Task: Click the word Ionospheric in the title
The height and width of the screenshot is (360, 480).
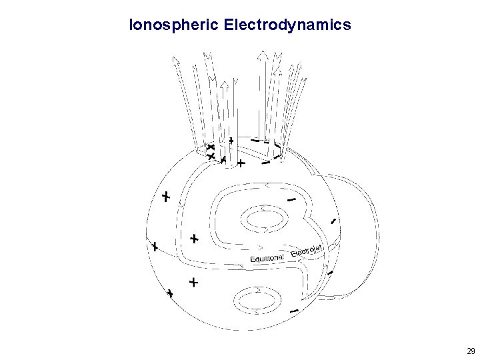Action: [x=174, y=26]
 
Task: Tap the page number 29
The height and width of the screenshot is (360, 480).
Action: [x=471, y=351]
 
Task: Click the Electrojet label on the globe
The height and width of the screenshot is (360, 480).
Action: [x=307, y=251]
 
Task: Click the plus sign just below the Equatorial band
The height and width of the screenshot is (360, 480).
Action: [x=193, y=283]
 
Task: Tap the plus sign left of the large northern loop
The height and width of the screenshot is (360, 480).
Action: [x=194, y=238]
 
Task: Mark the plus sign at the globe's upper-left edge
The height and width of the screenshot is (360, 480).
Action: [x=166, y=197]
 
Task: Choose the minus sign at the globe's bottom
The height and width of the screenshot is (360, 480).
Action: [x=294, y=311]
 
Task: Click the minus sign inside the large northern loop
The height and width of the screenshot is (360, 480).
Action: [x=291, y=199]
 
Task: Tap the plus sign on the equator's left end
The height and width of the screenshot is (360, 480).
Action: [x=155, y=247]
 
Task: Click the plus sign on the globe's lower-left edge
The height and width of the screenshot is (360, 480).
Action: [x=171, y=293]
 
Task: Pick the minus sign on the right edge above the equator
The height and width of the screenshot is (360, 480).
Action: [x=333, y=221]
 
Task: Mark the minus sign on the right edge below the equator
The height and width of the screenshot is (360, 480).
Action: [x=330, y=272]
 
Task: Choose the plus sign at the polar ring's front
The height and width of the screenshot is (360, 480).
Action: [x=241, y=163]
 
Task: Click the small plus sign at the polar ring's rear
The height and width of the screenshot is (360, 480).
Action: [x=231, y=141]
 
